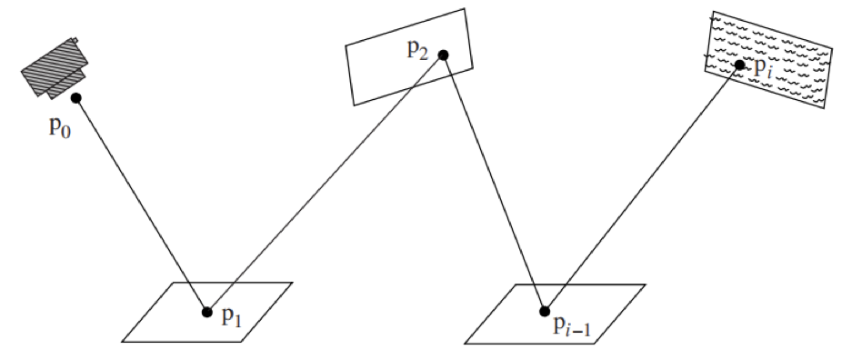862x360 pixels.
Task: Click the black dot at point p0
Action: pos(75,98)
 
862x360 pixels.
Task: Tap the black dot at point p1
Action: pos(206,312)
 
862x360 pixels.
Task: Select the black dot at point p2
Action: pos(443,55)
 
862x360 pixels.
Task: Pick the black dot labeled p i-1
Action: pos(545,311)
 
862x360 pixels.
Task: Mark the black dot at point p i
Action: pos(739,65)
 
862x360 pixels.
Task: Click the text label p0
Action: pos(60,127)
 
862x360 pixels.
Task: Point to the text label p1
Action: pos(232,317)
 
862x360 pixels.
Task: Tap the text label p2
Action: pos(417,50)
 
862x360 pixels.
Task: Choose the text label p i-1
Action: pos(572,326)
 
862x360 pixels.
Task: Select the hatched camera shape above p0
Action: pos(55,68)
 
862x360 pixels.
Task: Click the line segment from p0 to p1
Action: pos(141,205)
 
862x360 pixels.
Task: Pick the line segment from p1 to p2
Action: pos(325,184)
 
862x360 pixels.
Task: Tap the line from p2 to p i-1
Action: pos(494,183)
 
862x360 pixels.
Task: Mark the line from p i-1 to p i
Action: pos(642,188)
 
